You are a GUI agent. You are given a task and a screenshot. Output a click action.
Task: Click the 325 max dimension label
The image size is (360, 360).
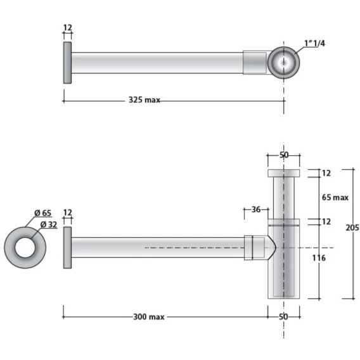(x=144, y=100)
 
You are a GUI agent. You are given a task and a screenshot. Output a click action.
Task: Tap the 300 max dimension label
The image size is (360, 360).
(x=149, y=317)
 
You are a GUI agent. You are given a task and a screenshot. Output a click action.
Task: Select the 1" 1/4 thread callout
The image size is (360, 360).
(x=314, y=43)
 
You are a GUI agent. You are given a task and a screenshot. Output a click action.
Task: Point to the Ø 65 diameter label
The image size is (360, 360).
(x=43, y=213)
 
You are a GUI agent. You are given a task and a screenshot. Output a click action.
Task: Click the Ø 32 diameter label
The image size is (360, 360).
(x=49, y=224)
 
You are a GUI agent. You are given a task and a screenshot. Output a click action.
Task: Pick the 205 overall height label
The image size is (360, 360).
(x=352, y=228)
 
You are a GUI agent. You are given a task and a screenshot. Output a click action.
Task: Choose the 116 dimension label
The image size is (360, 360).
(x=319, y=258)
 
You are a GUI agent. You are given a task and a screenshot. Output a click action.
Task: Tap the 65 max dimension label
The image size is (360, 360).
(x=335, y=197)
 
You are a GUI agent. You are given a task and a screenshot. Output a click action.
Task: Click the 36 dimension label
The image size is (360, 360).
(x=256, y=209)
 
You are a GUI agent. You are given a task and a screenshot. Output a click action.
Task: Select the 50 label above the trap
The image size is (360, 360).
(x=284, y=155)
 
